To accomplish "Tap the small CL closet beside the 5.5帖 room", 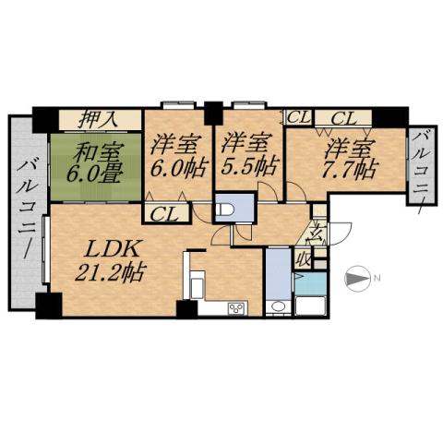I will (298, 117).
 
